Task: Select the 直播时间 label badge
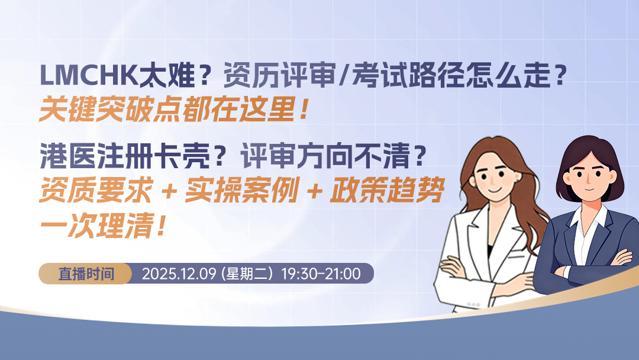86,274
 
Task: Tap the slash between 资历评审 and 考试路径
341,77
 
